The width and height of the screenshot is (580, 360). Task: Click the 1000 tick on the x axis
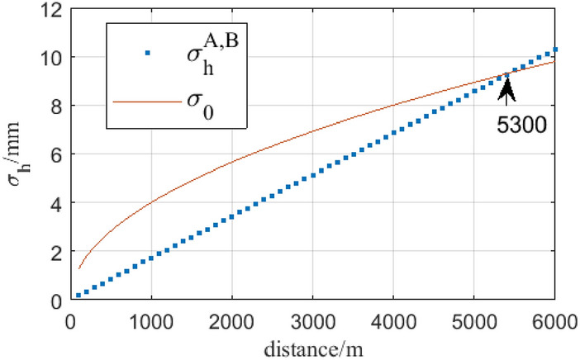[150, 319]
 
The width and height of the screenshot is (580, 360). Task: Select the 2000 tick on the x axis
[231, 319]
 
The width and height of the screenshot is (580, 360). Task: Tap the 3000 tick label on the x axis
[311, 319]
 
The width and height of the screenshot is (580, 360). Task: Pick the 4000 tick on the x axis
[392, 319]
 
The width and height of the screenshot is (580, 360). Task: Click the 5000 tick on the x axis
[473, 319]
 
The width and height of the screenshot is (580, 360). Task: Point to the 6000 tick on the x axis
[553, 319]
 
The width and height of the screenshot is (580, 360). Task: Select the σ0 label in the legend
[201, 107]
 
